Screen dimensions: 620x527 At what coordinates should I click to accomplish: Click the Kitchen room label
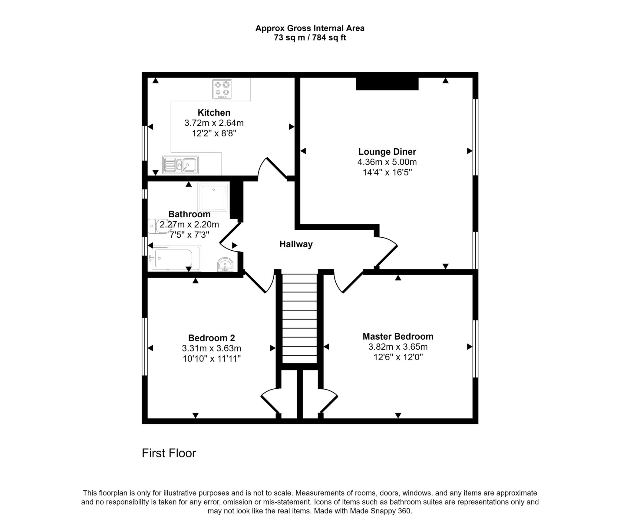(214, 113)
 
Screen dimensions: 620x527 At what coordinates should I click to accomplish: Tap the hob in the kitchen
(222, 89)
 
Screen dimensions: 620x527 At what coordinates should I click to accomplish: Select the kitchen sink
(180, 165)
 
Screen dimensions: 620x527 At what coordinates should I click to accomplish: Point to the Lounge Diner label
(387, 152)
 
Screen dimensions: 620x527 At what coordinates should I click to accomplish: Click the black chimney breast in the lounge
(387, 84)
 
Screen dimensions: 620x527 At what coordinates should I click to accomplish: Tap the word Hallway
(296, 244)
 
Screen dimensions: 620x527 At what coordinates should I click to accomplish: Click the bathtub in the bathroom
(174, 258)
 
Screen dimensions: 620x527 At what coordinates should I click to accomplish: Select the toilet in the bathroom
(159, 226)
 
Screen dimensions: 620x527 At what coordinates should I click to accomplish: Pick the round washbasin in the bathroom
(225, 265)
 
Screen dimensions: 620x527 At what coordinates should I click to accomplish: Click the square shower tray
(213, 198)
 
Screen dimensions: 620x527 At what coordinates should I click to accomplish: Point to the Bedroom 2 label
(212, 338)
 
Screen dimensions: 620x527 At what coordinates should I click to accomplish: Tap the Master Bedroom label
(398, 336)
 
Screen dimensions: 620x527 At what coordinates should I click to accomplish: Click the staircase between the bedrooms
(299, 318)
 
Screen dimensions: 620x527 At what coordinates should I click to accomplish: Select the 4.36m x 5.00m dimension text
(387, 162)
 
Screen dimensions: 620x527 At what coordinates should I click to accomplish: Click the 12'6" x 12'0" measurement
(398, 357)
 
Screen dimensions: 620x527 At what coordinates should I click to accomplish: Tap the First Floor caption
(169, 453)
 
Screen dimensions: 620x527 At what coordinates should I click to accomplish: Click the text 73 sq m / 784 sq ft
(310, 38)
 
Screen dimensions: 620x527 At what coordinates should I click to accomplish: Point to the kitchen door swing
(272, 168)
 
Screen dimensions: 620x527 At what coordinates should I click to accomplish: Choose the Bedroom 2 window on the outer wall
(145, 347)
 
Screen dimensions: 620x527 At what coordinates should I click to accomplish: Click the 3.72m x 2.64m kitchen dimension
(214, 123)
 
